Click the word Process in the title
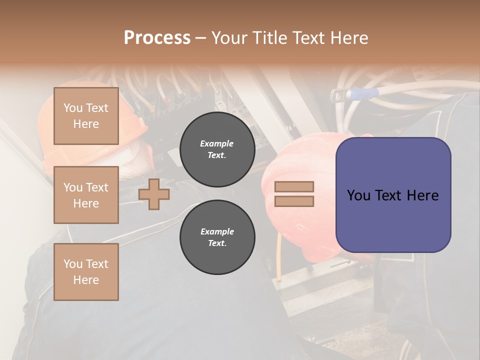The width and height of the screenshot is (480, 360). point(157,37)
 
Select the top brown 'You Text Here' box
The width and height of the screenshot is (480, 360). point(86,116)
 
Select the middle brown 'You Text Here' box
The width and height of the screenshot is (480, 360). point(86,195)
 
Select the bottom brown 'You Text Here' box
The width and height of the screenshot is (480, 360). point(86,271)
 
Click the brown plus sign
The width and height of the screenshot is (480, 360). point(154,194)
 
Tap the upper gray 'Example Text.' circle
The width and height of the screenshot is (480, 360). point(217,149)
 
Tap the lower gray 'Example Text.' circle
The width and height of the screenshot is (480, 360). point(217,237)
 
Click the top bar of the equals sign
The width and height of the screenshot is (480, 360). point(294,187)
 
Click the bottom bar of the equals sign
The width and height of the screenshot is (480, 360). point(294,201)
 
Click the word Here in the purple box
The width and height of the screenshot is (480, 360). point(422,195)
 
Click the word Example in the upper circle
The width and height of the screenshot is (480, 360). point(217,143)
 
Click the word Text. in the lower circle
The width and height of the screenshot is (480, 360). point(217,243)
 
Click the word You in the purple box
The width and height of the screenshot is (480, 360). point(359,195)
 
